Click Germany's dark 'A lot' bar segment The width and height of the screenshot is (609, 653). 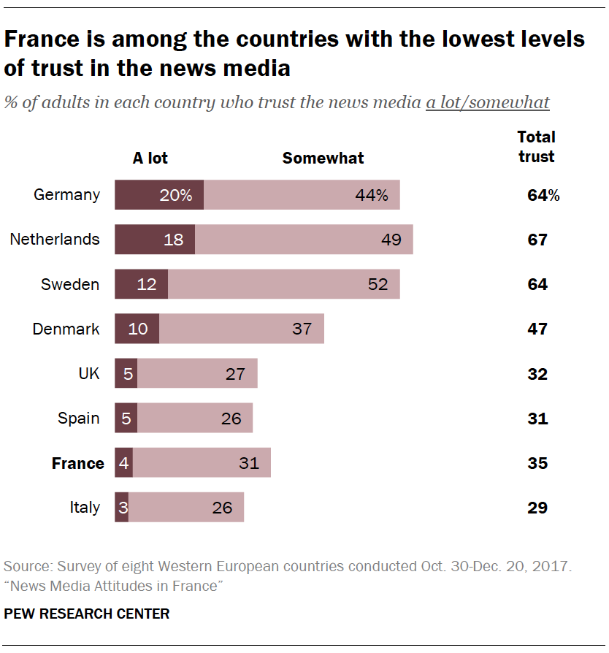click(159, 195)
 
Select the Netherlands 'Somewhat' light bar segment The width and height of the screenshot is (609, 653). click(304, 240)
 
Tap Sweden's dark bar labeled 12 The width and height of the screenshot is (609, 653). click(142, 284)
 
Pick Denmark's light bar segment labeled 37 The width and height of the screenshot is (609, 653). click(242, 329)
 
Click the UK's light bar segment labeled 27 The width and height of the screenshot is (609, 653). click(197, 374)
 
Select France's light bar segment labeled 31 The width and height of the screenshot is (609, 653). click(202, 463)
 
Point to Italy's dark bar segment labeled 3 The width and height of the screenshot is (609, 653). click(121, 508)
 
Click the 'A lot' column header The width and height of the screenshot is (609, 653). click(150, 158)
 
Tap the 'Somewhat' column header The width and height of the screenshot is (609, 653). click(323, 158)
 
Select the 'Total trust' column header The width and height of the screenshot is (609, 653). click(536, 146)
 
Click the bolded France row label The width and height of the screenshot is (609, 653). click(77, 463)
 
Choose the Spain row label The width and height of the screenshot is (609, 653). click(79, 419)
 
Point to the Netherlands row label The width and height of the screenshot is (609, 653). click(55, 240)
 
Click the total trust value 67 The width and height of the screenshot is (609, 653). click(537, 240)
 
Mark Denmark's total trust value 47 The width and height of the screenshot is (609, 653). click(537, 329)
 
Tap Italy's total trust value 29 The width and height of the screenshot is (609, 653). click(537, 508)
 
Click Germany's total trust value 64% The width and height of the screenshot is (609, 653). click(543, 195)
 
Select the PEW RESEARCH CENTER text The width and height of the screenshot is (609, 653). click(87, 614)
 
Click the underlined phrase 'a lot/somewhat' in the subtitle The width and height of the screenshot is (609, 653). click(488, 102)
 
